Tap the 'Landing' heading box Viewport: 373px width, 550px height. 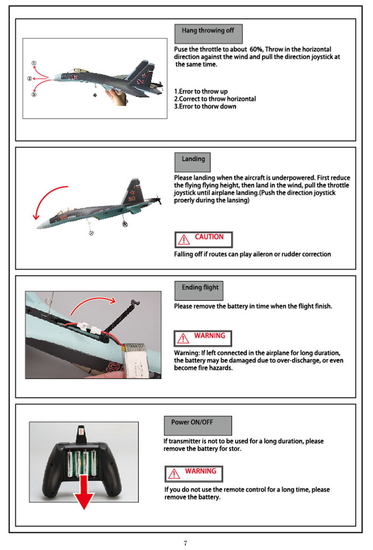click(193, 161)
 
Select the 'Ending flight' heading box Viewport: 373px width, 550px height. click(200, 290)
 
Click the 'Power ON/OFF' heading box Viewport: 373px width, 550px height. click(198, 425)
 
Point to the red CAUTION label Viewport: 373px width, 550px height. click(203, 239)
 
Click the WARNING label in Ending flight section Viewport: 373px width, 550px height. click(203, 337)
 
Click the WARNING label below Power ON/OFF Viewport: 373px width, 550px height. click(194, 473)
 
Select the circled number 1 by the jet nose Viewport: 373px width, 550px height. click(34, 63)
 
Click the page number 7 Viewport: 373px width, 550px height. click(186, 543)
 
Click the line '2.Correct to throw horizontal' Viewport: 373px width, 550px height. click(215, 99)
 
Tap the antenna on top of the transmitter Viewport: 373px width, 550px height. click(81, 433)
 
